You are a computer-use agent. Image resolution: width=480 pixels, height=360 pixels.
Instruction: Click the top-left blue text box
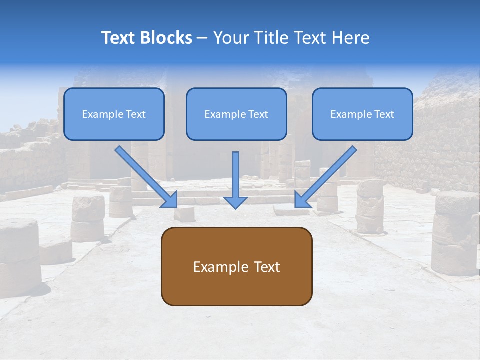click(x=114, y=114)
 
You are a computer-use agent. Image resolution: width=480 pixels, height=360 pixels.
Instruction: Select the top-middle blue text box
click(x=236, y=114)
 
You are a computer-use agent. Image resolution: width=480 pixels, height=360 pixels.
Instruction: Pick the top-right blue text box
click(x=362, y=114)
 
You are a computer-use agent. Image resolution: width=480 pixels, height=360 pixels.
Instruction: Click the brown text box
click(x=236, y=266)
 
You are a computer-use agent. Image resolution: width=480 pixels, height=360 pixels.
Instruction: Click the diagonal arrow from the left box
click(x=145, y=175)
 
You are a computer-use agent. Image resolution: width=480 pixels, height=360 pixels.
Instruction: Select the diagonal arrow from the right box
click(x=327, y=175)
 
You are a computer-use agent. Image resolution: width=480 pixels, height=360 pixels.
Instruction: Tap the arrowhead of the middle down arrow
click(x=235, y=201)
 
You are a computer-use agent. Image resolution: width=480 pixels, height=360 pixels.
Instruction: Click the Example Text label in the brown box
click(x=236, y=267)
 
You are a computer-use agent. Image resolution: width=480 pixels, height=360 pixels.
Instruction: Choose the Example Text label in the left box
click(x=114, y=114)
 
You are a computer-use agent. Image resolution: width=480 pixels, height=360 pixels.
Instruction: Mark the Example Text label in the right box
click(x=362, y=114)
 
